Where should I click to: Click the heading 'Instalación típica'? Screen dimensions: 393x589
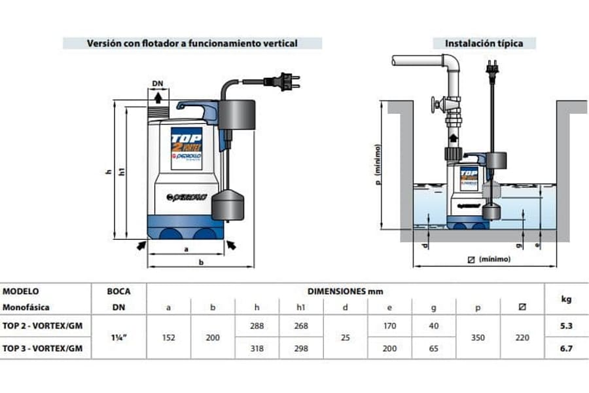484,43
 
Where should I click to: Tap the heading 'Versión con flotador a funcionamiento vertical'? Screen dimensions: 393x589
192,43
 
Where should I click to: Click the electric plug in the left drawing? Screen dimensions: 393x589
283,82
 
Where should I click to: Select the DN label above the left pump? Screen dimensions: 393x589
157,84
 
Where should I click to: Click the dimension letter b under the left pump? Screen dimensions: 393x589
201,263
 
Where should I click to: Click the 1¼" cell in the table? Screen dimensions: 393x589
118,337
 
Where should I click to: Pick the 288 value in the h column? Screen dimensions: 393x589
257,326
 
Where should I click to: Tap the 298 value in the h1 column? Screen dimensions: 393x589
302,348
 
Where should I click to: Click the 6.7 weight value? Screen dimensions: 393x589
566,348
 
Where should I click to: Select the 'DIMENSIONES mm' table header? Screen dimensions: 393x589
346,291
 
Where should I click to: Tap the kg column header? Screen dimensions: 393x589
566,299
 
